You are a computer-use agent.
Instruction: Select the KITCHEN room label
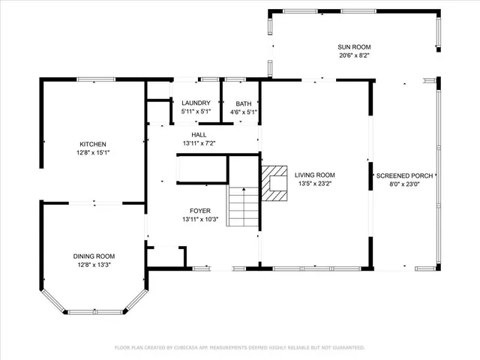point(93,144)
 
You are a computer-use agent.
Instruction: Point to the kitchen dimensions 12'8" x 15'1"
point(93,152)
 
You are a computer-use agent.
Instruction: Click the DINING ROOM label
point(94,256)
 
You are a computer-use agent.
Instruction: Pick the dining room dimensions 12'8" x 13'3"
point(94,264)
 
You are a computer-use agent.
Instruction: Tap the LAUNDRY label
point(196,103)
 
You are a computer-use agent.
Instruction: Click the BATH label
point(244,103)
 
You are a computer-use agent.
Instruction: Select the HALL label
point(199,135)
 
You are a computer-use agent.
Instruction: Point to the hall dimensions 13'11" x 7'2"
point(199,143)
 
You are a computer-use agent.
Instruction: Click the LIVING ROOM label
point(314,174)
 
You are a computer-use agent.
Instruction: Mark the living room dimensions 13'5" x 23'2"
point(314,182)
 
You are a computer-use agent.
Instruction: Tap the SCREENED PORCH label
point(403,175)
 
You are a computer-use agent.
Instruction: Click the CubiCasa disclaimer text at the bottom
point(239,347)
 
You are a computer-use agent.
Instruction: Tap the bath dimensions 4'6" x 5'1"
point(244,112)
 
